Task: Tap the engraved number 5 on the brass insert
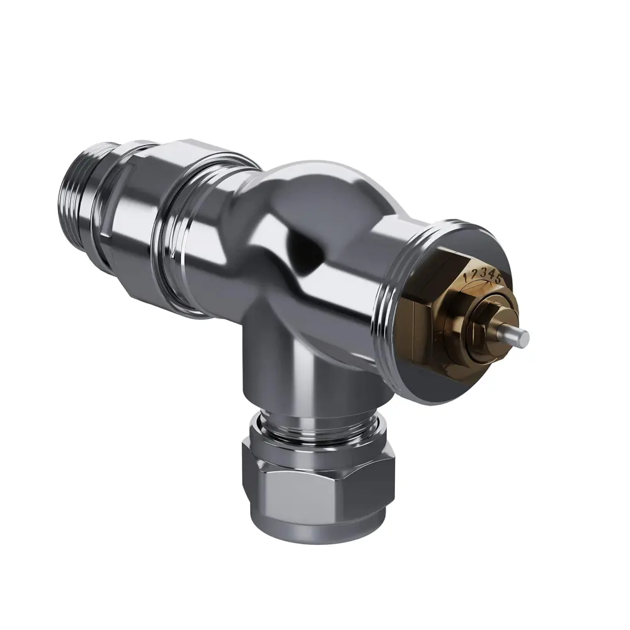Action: tap(498, 277)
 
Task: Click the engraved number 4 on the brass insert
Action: tap(490, 273)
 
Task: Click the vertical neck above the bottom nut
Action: tap(271, 372)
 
